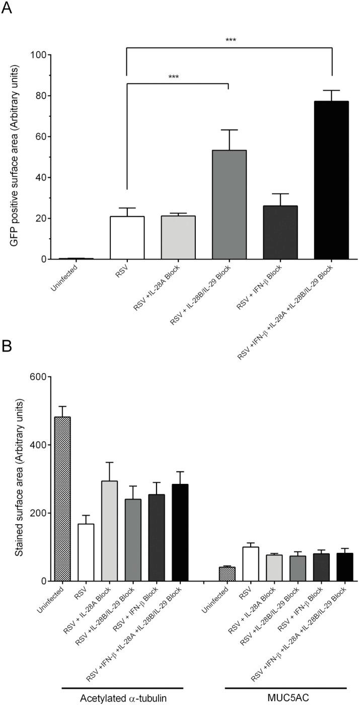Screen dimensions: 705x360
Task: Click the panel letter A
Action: pos(7,8)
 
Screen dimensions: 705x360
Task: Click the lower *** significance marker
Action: pos(173,77)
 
